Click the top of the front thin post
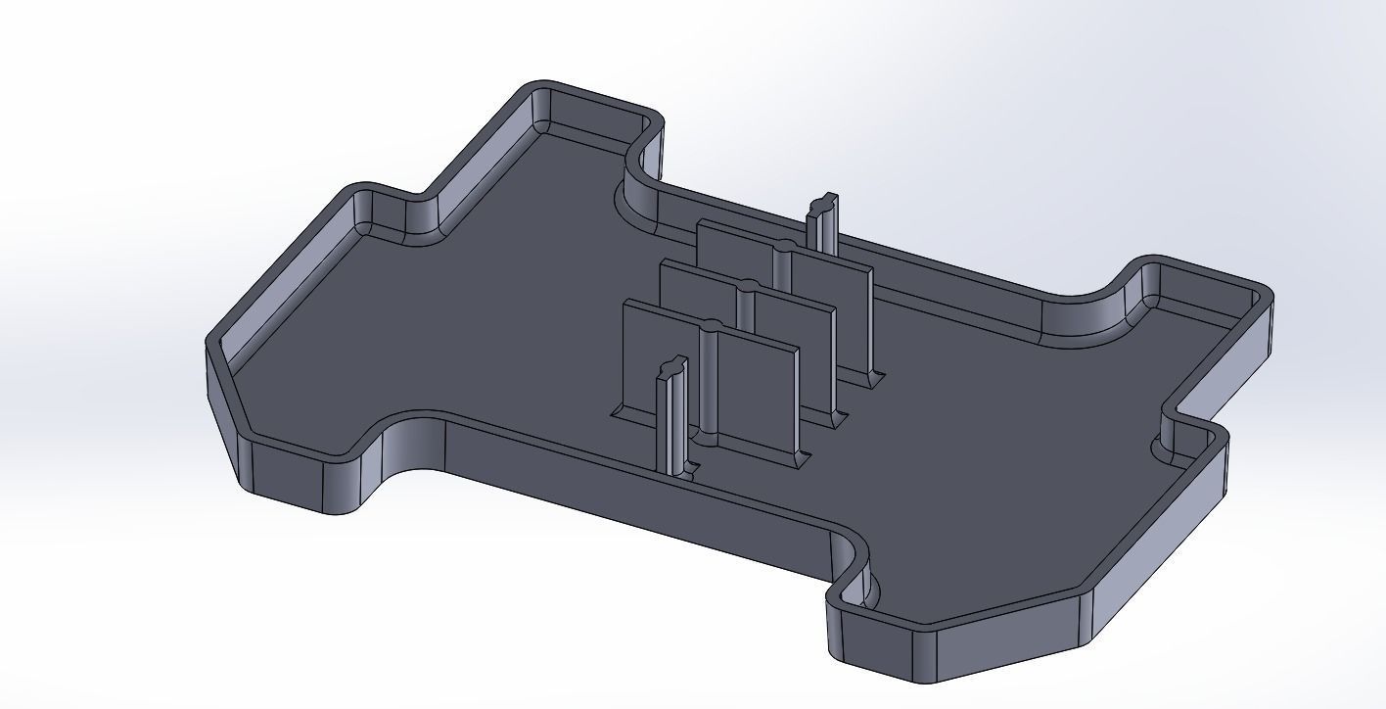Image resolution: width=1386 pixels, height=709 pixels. click(670, 366)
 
